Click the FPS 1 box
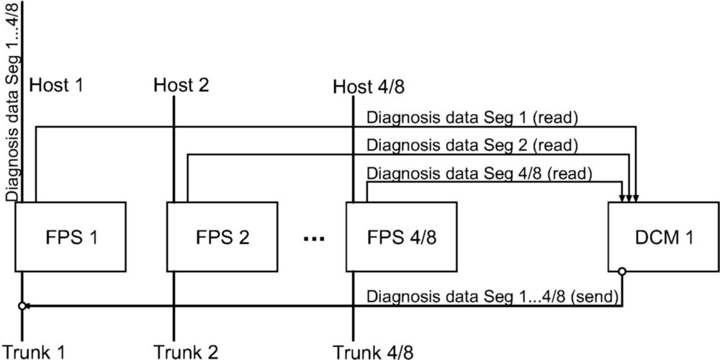(x=71, y=236)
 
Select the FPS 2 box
(x=222, y=236)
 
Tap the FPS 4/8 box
(x=401, y=236)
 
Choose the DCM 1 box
(x=664, y=236)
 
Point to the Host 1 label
(x=56, y=86)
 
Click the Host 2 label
(x=181, y=86)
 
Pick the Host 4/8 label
(x=369, y=87)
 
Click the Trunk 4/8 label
(x=373, y=352)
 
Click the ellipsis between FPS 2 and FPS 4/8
(x=315, y=239)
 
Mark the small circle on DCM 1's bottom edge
(x=622, y=271)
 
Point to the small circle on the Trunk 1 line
(x=22, y=306)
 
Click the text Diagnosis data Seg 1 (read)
(x=472, y=119)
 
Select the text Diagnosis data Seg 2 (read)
(x=472, y=146)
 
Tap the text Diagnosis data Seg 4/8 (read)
(x=480, y=174)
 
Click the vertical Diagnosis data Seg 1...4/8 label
(x=12, y=101)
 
